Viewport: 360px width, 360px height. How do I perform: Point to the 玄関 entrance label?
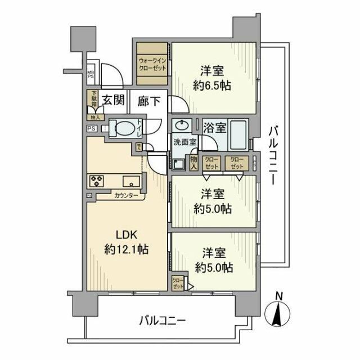click(112, 101)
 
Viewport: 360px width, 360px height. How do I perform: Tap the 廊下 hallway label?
click(148, 101)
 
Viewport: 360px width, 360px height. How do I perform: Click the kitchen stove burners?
click(95, 181)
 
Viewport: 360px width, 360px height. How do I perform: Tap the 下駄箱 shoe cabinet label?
click(92, 101)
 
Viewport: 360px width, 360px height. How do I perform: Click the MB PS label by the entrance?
click(91, 74)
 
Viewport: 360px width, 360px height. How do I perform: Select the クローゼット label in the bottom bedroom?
click(177, 283)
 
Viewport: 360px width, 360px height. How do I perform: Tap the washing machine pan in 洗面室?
click(179, 164)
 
